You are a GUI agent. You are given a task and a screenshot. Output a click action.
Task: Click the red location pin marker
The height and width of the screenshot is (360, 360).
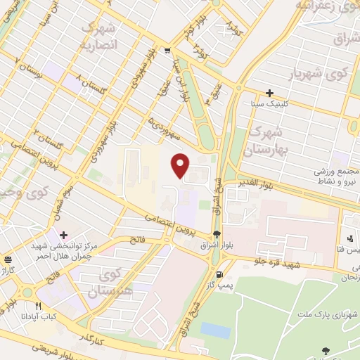pyautogui.click(x=181, y=165)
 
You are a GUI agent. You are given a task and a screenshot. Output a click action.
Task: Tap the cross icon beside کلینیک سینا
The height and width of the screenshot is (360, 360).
pyautogui.click(x=269, y=93)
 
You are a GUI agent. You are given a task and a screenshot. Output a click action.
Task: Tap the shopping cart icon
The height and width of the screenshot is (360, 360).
pyautogui.click(x=167, y=50)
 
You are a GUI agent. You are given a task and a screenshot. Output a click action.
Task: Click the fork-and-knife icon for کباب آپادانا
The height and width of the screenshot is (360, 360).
pyautogui.click(x=39, y=307)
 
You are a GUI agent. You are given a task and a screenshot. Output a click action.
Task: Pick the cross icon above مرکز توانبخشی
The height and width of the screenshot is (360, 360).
pyautogui.click(x=64, y=235)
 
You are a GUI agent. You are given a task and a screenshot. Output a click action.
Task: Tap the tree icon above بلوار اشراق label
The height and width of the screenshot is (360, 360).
pyautogui.click(x=216, y=236)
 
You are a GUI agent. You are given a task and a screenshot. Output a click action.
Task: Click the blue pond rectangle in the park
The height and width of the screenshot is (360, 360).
pyautogui.click(x=215, y=330)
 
